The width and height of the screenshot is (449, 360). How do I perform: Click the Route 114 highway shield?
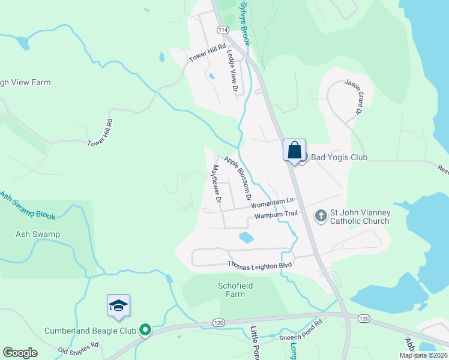click(x=223, y=29)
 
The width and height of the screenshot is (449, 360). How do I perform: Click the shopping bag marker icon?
click(x=295, y=149)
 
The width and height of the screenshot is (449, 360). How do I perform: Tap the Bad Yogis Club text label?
click(x=338, y=158)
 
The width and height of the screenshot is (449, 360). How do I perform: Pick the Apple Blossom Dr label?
click(x=238, y=178)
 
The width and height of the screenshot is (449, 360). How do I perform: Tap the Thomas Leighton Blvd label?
click(x=259, y=265)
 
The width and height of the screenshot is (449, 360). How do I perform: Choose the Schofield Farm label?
click(x=231, y=290)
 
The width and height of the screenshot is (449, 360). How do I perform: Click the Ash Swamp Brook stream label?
click(x=27, y=205)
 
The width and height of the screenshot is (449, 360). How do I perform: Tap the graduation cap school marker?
click(x=118, y=306)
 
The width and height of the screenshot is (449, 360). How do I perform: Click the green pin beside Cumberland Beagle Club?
click(x=145, y=330)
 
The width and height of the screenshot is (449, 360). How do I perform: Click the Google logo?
click(x=20, y=353)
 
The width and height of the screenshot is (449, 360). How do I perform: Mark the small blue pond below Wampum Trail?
click(x=246, y=238)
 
